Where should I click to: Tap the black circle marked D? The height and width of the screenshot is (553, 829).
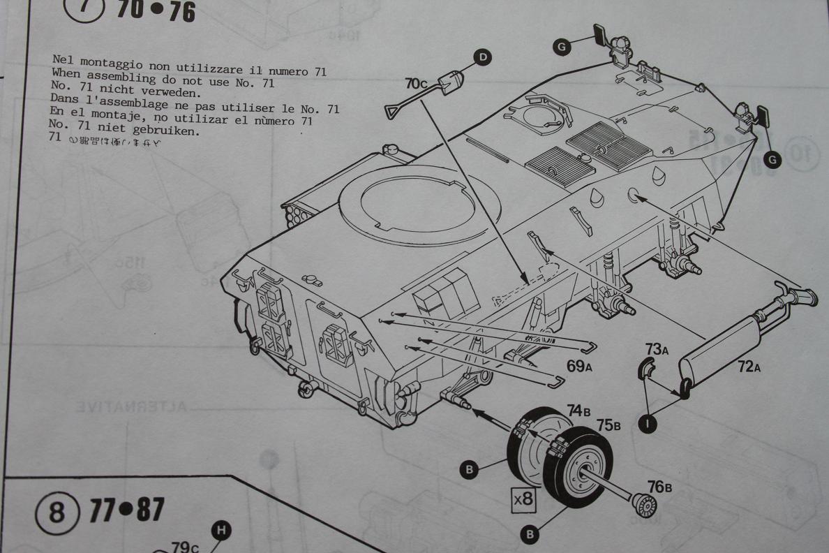coord(481,59)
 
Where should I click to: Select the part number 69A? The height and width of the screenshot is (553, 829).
coord(579,367)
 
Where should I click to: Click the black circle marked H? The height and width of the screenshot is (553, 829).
coord(221,531)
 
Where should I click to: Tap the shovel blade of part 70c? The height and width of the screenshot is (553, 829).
coord(447,82)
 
